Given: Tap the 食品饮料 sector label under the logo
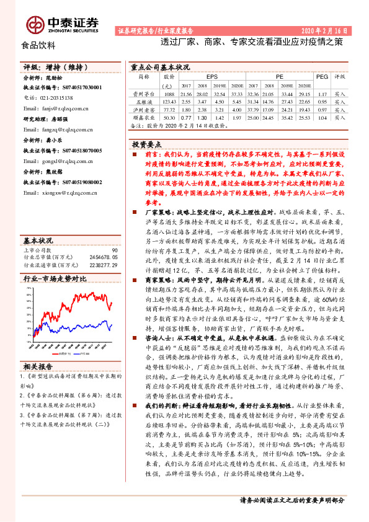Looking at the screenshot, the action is pyautogui.click(x=38, y=45).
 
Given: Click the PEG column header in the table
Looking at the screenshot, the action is pyautogui.click(x=321, y=76).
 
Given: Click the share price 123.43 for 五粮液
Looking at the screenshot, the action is pyautogui.click(x=169, y=100).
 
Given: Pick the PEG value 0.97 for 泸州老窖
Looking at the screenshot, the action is pyautogui.click(x=321, y=108).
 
